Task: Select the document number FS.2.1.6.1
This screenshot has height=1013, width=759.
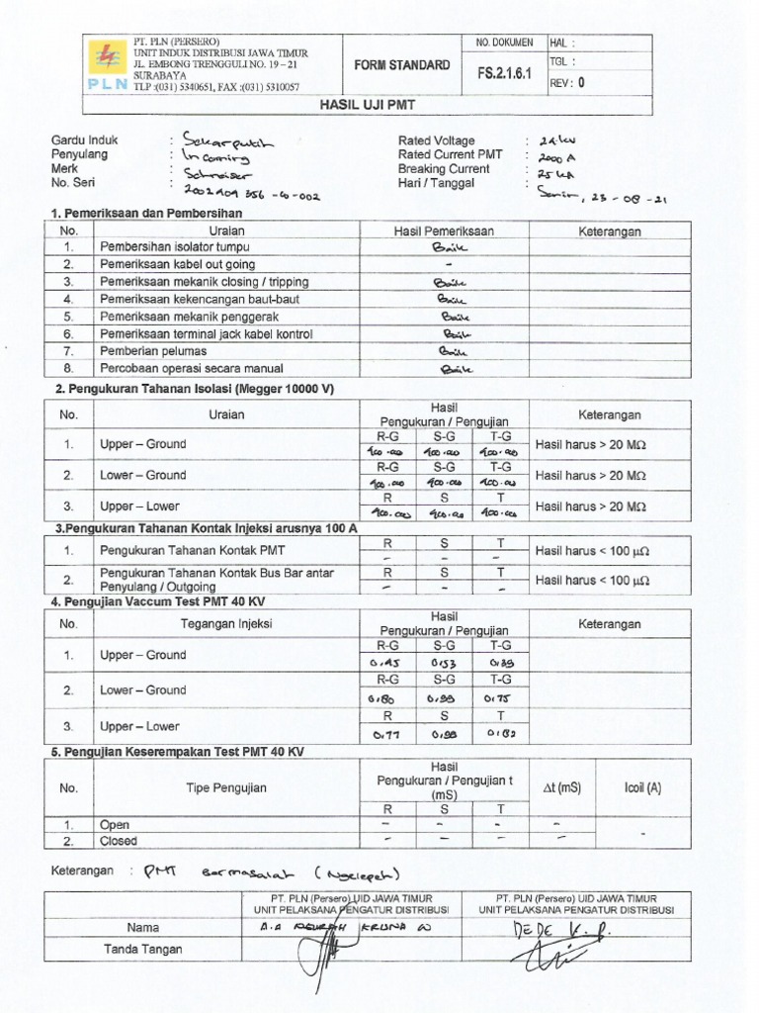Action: [x=507, y=72]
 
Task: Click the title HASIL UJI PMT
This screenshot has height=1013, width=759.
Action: [x=380, y=103]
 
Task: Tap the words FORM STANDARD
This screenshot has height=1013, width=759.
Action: [x=402, y=65]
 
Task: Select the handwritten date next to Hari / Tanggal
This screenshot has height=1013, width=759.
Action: [x=602, y=198]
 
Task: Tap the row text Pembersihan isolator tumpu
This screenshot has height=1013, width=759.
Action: [x=174, y=246]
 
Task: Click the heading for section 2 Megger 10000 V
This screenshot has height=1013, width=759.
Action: [x=195, y=389]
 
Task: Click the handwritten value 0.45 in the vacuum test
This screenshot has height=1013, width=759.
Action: [x=382, y=663]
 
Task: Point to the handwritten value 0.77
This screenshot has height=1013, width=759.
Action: [x=382, y=734]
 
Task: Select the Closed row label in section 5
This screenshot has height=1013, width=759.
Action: [x=119, y=841]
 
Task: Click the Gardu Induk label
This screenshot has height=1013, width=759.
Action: [x=84, y=140]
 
